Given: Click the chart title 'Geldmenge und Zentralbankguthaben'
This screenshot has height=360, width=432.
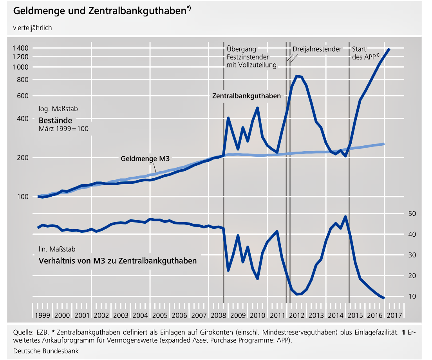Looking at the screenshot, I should click(100, 11).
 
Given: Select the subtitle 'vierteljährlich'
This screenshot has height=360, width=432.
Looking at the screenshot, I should click(33, 28).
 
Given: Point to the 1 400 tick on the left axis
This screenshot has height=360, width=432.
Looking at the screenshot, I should click(20, 48).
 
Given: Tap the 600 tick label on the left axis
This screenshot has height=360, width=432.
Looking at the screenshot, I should click(23, 96).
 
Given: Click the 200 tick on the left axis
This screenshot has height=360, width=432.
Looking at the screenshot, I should click(23, 158).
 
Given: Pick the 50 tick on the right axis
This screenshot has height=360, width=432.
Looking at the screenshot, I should click(411, 214).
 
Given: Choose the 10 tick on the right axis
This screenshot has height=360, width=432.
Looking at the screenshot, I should click(411, 297).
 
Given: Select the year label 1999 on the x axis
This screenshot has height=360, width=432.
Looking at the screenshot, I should click(42, 315).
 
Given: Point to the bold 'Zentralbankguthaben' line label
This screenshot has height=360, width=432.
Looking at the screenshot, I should click(246, 96).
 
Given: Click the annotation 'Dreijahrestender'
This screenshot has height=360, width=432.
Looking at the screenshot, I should click(317, 49).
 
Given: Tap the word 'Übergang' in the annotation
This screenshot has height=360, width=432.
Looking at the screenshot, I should click(241, 49).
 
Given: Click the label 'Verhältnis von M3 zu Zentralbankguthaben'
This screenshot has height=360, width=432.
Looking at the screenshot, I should click(117, 261).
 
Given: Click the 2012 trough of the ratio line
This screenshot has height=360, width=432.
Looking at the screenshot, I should click(298, 294).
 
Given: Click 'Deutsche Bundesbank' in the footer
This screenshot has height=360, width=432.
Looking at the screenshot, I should click(46, 351).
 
